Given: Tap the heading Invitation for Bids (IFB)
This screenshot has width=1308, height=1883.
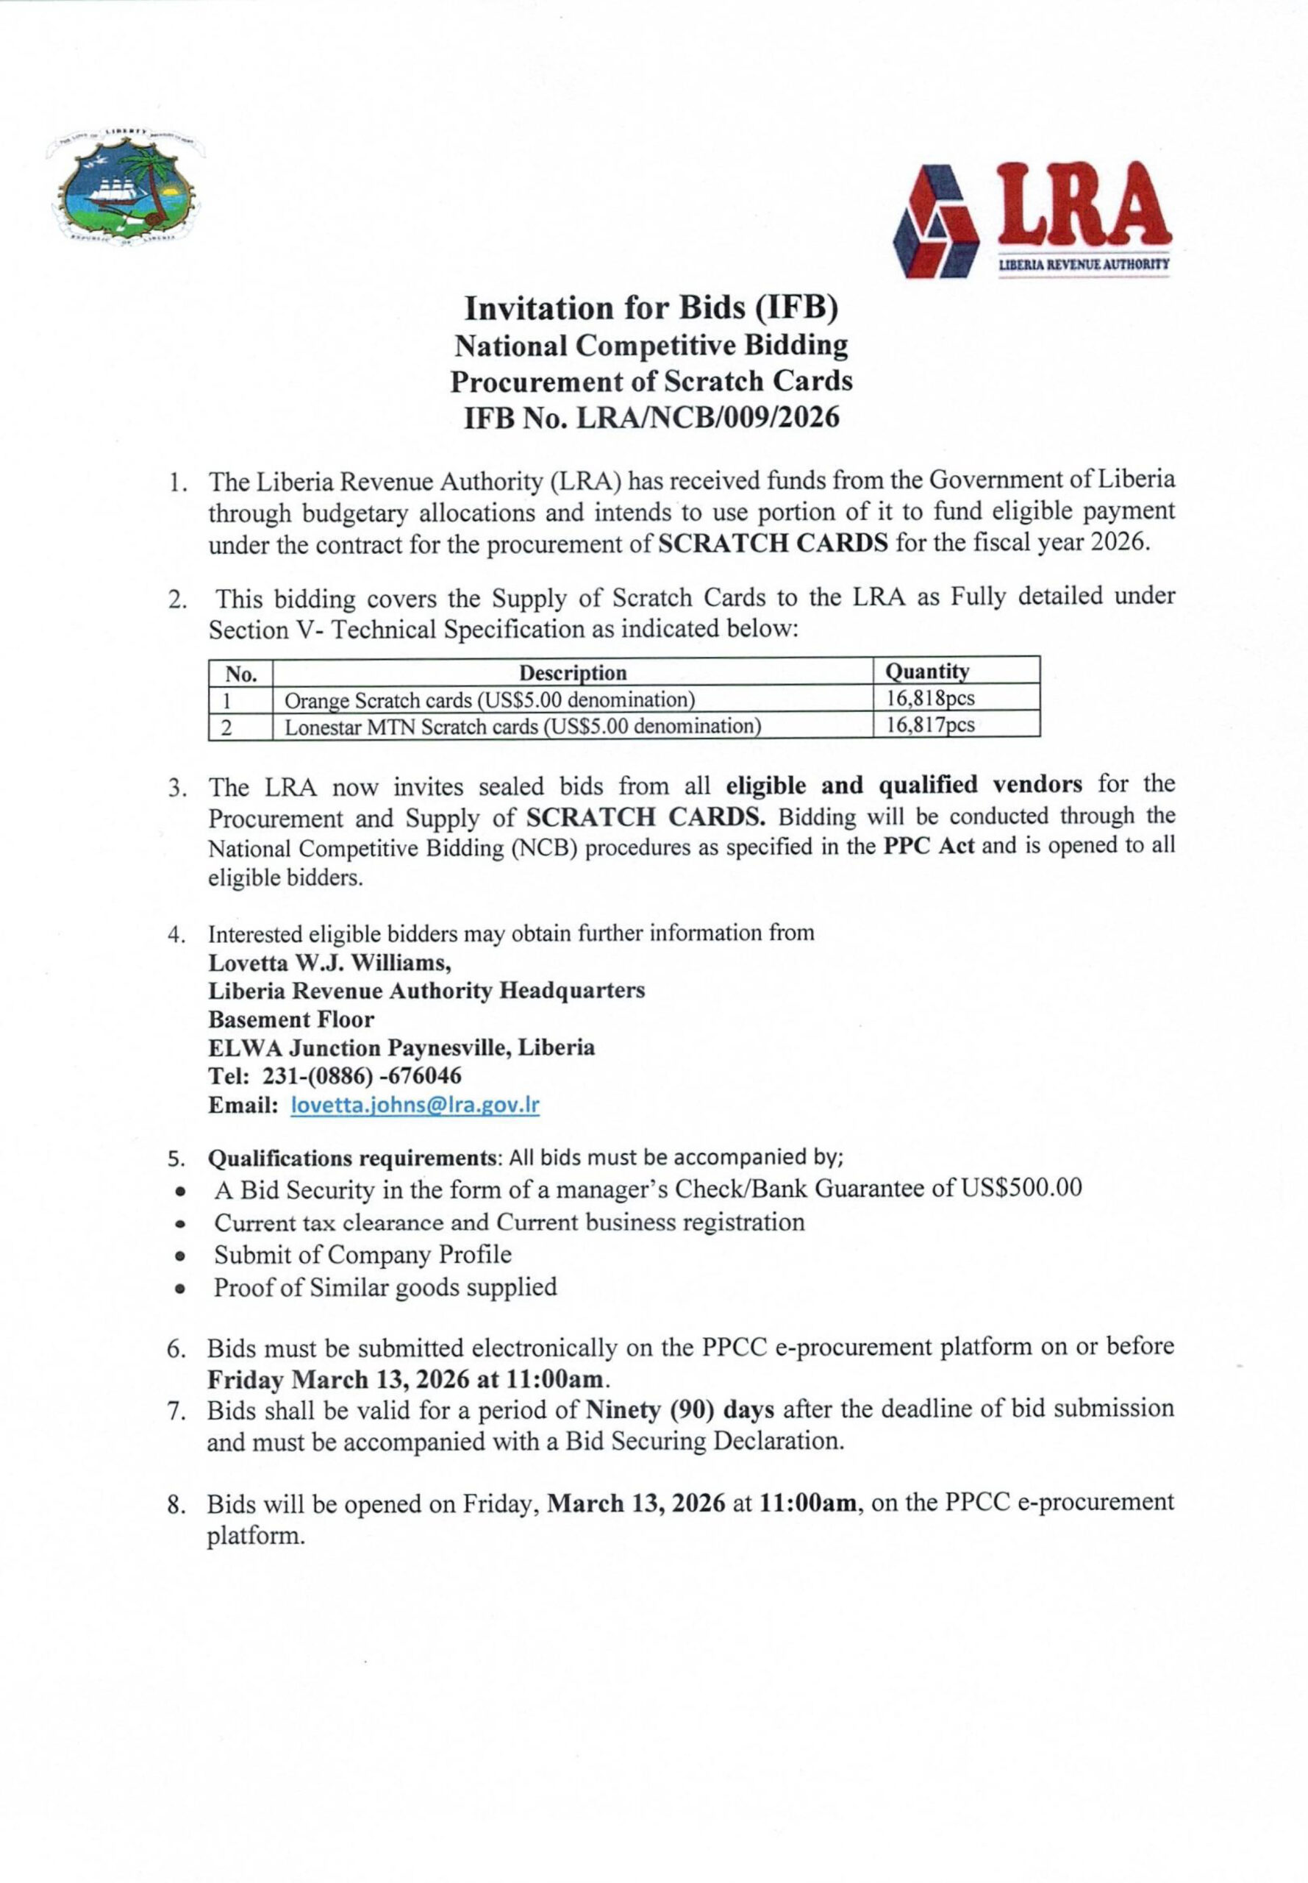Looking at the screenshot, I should [652, 309].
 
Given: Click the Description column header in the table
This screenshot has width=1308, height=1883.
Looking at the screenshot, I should [573, 673].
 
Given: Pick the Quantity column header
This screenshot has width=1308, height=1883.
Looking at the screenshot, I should [927, 672].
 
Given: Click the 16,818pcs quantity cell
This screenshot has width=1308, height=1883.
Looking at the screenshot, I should [931, 699].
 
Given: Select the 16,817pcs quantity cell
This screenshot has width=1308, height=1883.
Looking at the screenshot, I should [931, 725].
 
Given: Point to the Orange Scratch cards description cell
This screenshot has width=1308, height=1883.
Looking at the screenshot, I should [489, 700].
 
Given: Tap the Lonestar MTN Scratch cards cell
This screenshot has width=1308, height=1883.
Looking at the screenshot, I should [522, 726].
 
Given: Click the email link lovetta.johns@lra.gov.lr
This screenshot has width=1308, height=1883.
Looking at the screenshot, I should [415, 1105].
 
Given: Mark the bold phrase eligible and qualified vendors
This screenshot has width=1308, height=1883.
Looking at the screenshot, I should [903, 786].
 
